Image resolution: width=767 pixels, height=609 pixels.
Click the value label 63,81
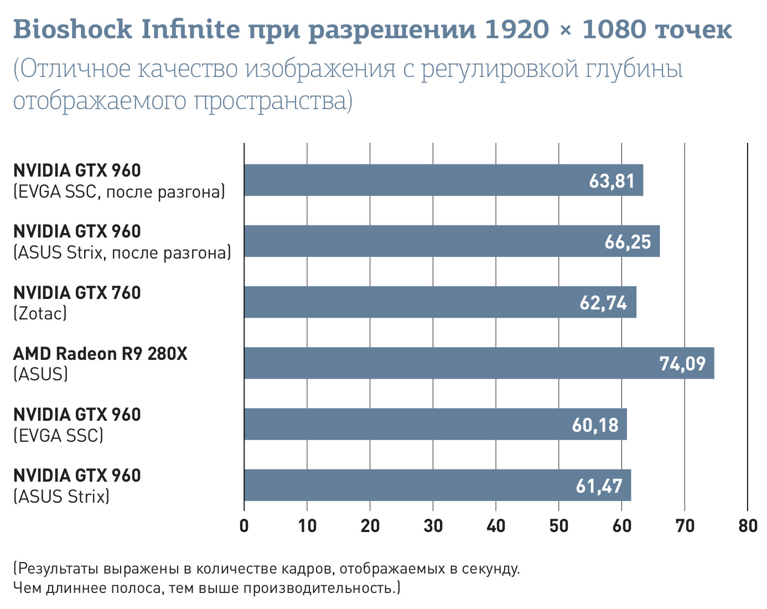(611, 181)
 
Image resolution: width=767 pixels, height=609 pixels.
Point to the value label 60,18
(595, 425)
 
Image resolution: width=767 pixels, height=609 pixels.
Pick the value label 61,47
(599, 486)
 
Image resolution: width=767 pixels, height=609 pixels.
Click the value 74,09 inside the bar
(682, 364)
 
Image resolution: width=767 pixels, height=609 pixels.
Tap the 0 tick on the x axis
(244, 525)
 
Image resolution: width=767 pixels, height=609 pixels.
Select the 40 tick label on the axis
(496, 525)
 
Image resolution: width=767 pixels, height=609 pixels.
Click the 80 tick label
(748, 525)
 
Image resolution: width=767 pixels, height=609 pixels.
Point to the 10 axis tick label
(307, 525)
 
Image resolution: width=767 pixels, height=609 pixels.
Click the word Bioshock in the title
(72, 29)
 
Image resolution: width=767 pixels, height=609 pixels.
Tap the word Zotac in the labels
(40, 314)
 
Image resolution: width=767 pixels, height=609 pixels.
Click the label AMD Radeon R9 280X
(100, 354)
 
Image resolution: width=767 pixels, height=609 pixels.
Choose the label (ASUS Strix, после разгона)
(122, 253)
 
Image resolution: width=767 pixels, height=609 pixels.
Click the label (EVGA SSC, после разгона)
(119, 192)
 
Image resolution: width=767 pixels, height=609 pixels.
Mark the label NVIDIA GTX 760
(77, 293)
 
